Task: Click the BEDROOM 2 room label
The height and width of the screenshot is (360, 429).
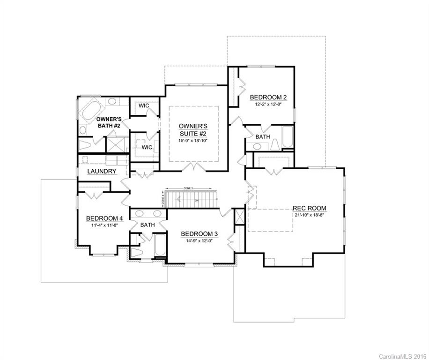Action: (268, 97)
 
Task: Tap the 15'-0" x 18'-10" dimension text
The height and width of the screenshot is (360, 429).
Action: (193, 140)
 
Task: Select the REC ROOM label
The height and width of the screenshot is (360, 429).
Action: (309, 208)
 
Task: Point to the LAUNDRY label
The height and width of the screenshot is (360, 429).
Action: (102, 172)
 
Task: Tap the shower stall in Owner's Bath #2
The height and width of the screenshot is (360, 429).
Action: (117, 144)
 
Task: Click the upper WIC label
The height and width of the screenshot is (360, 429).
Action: (144, 105)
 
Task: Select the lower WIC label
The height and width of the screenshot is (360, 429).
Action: (147, 147)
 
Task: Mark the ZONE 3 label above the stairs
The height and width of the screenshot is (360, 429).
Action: (189, 187)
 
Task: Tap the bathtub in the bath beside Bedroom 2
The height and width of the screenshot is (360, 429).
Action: (287, 137)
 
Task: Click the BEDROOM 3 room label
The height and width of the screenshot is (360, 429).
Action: (200, 234)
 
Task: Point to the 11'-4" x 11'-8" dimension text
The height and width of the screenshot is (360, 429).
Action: (104, 225)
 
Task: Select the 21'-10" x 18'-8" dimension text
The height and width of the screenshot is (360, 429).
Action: (309, 215)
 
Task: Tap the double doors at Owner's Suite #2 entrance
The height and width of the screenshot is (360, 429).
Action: (193, 167)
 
